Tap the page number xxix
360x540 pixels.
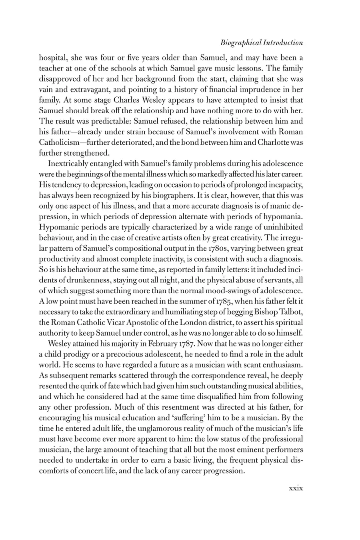296,488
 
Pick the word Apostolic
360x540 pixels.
146,323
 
